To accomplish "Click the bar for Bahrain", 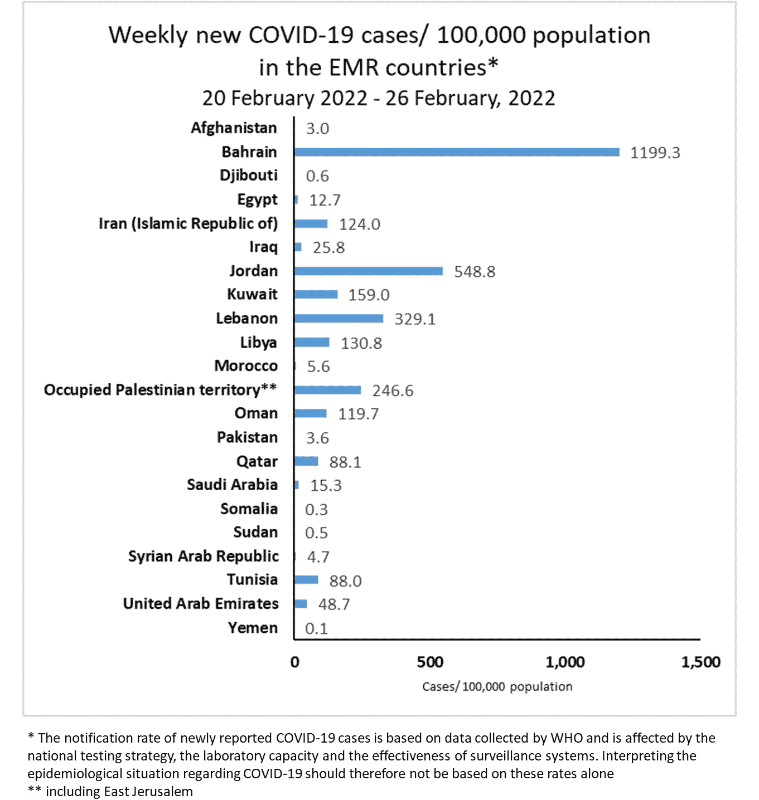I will point(457,152).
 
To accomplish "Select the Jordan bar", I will point(369,271).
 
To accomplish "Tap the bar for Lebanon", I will point(339,319).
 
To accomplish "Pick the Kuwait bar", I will point(316,294).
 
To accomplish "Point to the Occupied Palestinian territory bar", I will point(328,390).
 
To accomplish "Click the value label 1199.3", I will point(655,153).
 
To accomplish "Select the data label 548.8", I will point(474,272).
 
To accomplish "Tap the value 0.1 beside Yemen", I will point(316,628).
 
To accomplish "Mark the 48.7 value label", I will point(334,604).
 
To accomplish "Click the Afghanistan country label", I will point(234,128).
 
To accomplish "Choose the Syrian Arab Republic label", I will point(203,556).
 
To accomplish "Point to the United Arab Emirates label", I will point(201,603).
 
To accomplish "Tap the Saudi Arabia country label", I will point(232,485).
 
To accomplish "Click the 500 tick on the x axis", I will point(430,662).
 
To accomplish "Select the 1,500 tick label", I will point(700,662).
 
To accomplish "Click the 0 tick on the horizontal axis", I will point(295,662).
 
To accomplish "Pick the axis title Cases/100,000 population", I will point(497,686).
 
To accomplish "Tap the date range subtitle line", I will point(379,98).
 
